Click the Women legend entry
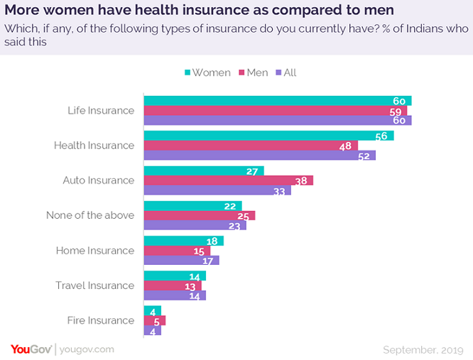tap(207, 72)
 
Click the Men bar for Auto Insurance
tap(228, 180)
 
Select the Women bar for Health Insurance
tap(268, 136)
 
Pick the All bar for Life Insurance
tap(277, 120)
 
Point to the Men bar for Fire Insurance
tap(154, 320)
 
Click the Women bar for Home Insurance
tap(183, 241)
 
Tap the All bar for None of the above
tap(195, 225)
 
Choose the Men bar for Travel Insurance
tap(173, 285)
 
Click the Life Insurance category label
tap(100, 110)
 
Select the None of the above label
tap(89, 215)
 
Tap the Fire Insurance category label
tap(100, 320)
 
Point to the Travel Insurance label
tap(94, 285)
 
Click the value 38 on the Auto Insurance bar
tap(300, 180)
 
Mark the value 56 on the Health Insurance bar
tap(382, 136)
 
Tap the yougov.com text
tap(87, 349)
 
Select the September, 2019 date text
tap(423, 349)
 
